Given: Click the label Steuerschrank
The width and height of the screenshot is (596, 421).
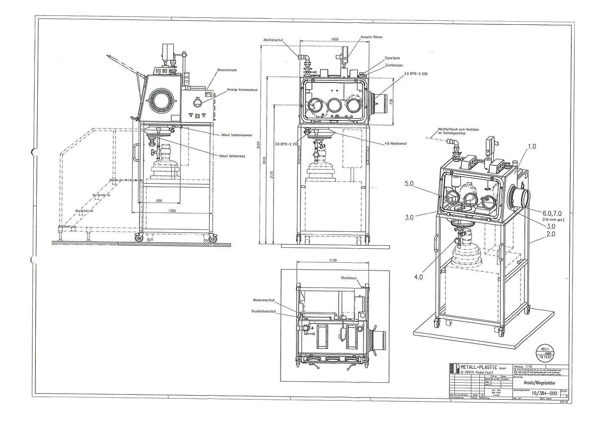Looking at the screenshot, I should click(226, 70).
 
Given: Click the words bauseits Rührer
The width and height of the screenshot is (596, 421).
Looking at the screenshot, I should click(372, 37).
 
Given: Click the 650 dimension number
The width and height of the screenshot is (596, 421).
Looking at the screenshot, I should click(159, 201).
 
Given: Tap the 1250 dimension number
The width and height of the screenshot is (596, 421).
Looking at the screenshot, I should click(171, 211).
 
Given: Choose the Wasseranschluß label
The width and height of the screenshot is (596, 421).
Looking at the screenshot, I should click(264, 300).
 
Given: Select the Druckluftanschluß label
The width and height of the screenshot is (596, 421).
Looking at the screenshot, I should click(263, 311).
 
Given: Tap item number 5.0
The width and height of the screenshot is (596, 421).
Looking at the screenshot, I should click(409, 184).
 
